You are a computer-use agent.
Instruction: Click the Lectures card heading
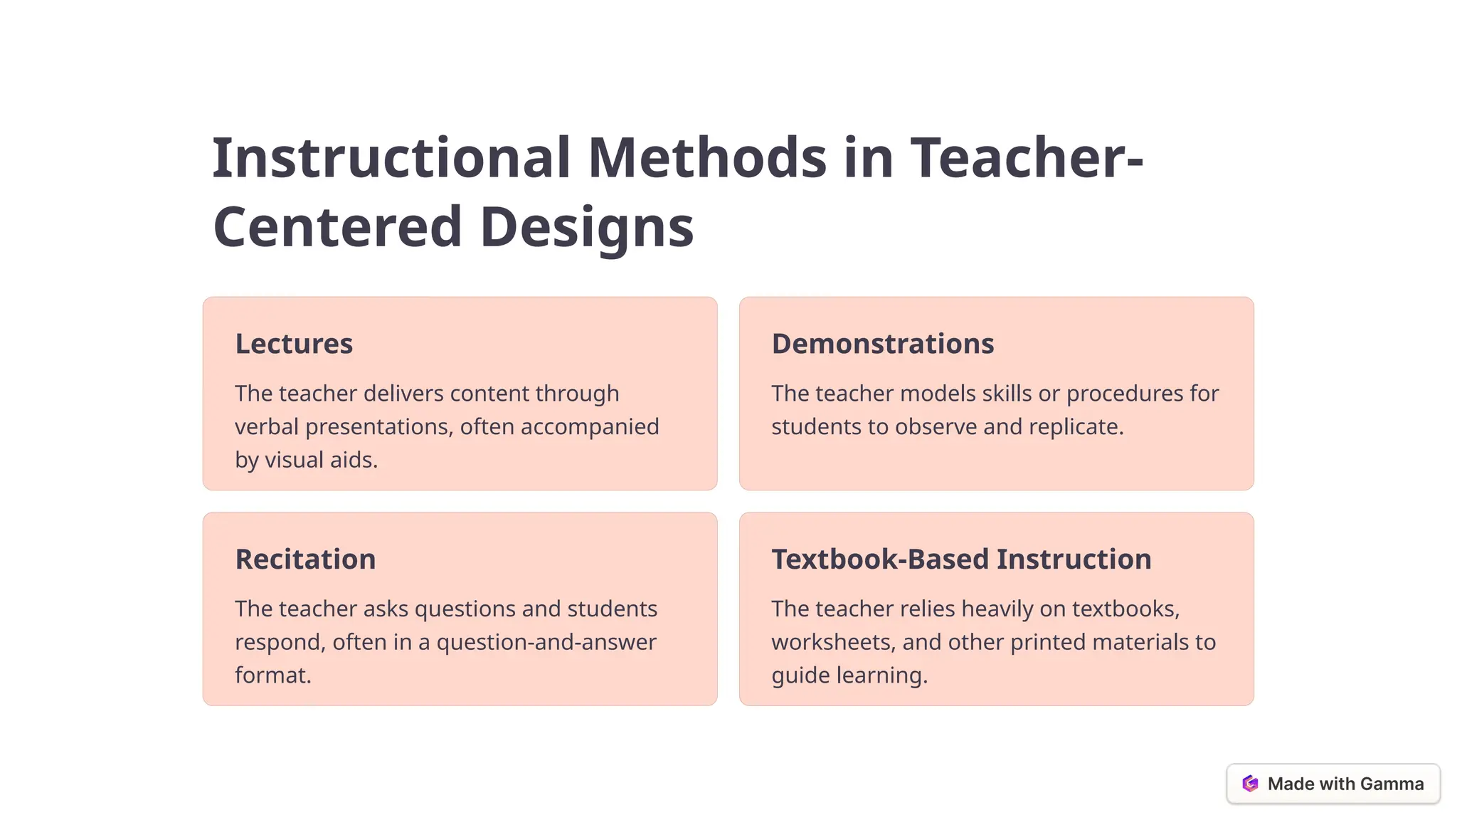[294, 344]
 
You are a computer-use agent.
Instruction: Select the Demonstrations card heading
[882, 344]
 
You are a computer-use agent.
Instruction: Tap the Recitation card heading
[305, 559]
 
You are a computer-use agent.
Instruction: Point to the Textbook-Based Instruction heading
[961, 559]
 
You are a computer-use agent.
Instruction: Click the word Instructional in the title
[391, 157]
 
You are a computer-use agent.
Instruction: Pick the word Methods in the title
[707, 157]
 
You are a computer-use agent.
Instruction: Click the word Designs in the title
[587, 227]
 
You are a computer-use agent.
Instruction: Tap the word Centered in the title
[338, 227]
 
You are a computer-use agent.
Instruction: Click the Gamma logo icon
[1250, 784]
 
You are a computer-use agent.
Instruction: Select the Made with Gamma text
[1345, 784]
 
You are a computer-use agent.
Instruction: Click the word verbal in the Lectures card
[266, 427]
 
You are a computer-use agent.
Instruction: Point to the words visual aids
[320, 460]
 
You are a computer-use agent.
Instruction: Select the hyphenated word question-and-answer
[546, 642]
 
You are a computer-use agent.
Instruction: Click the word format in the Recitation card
[272, 676]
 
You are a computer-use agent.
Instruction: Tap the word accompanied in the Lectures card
[590, 427]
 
